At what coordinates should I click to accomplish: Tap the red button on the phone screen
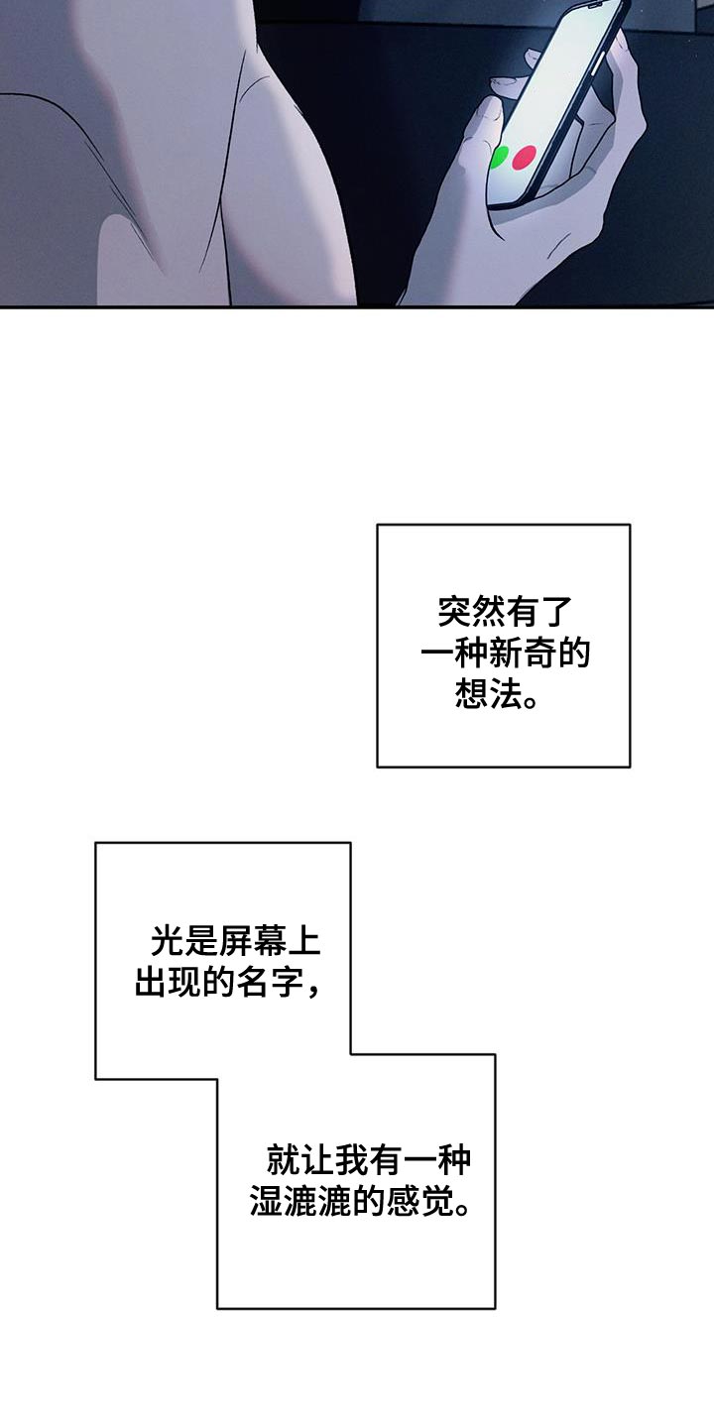(524, 158)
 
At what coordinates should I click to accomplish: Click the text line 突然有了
(504, 612)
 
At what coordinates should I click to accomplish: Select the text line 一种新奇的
(505, 654)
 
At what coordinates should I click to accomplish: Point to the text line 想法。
(496, 693)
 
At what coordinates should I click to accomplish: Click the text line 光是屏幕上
(235, 941)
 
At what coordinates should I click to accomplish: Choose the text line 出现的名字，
(228, 983)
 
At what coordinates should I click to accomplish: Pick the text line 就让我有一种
(369, 1160)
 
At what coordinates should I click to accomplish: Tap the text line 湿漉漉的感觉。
(361, 1202)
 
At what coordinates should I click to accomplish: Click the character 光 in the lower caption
(167, 941)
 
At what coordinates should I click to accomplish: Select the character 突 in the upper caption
(454, 612)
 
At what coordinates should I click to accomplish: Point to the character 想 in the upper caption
(470, 693)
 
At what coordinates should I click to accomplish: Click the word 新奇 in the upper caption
(523, 654)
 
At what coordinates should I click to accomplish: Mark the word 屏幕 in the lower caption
(252, 941)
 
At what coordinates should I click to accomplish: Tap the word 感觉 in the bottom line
(420, 1202)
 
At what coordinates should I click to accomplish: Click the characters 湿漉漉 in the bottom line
(300, 1202)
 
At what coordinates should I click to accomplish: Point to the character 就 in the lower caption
(283, 1160)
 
